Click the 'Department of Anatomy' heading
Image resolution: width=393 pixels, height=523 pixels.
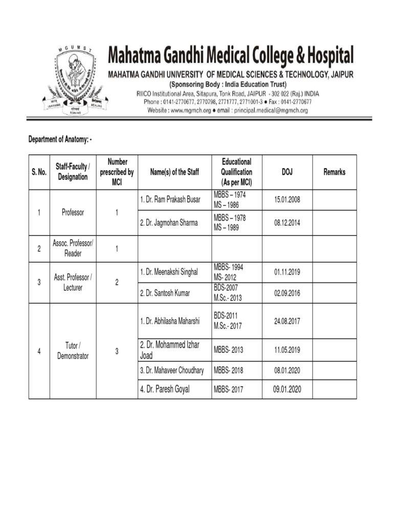click(60, 139)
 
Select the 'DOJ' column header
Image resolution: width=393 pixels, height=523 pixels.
click(287, 173)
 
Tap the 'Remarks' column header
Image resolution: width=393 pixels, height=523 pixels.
click(334, 173)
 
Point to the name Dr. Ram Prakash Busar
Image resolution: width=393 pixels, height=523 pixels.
click(170, 199)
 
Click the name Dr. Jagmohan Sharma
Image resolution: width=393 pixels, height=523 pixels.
click(168, 223)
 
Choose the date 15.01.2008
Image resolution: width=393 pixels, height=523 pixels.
click(287, 199)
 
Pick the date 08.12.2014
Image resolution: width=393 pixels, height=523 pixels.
click(287, 223)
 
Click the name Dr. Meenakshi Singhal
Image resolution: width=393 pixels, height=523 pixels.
click(168, 272)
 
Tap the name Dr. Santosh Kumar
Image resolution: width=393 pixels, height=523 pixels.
click(164, 293)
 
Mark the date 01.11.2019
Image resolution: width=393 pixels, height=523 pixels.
click(287, 272)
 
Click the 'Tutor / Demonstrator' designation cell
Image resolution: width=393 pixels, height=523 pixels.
click(73, 351)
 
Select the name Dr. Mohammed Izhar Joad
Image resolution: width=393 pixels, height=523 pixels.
click(169, 350)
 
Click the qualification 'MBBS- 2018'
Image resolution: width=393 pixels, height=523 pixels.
click(228, 371)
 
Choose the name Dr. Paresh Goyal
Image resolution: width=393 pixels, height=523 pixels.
click(164, 389)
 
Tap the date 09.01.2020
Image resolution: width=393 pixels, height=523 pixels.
click(287, 389)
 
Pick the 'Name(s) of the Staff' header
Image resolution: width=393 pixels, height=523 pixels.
click(174, 173)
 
